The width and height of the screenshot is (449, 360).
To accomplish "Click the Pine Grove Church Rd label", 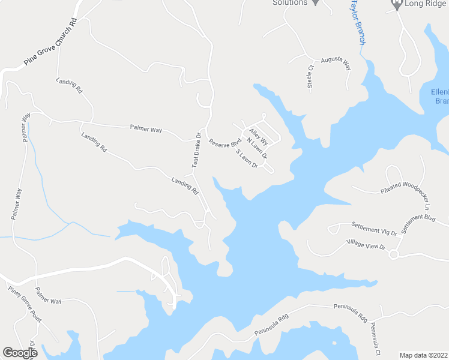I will click(51, 43).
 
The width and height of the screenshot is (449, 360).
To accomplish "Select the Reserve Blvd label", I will click(224, 145).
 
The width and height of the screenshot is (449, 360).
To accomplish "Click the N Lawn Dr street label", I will click(256, 149).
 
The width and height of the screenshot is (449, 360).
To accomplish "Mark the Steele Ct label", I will click(311, 77).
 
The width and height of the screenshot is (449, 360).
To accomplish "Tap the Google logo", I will click(20, 353).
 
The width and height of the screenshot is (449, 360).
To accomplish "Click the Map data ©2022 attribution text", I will click(423, 355).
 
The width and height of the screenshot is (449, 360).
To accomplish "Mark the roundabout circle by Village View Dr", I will click(394, 255).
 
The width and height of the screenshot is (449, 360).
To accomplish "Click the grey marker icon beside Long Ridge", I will click(396, 5).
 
